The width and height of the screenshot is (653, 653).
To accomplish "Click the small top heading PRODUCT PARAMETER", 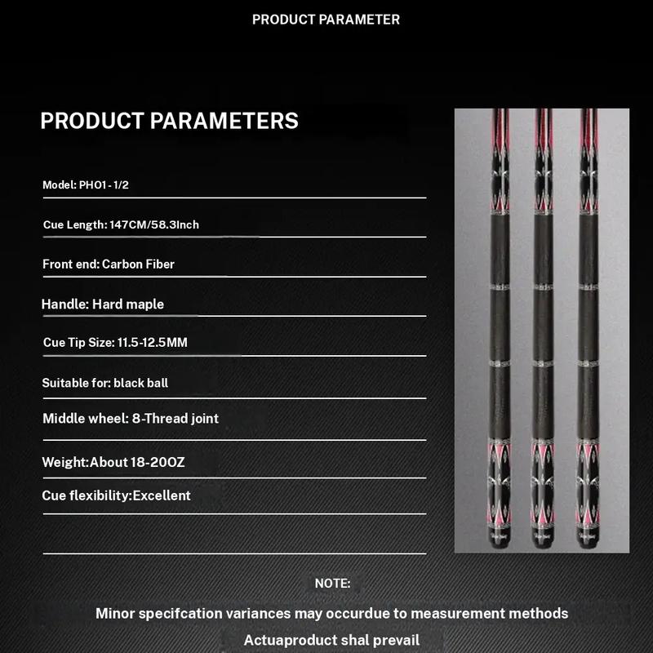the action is pos(326,19).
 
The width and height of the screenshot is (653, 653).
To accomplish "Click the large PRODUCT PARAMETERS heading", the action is pos(169,121).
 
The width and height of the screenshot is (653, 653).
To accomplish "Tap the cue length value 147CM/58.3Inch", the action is pos(154,224).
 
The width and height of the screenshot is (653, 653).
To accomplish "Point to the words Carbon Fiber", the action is pos(138,264).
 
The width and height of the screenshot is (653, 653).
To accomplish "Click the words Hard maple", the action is pos(128,304).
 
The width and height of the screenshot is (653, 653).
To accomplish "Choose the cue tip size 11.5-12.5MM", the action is pos(152,343).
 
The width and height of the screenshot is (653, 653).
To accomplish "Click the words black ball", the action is pos(141,383).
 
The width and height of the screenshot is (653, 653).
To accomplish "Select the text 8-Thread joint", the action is pos(175,419).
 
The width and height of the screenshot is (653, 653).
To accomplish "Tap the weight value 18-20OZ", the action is pos(158,463).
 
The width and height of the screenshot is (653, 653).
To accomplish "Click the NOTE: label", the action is pos(332,584).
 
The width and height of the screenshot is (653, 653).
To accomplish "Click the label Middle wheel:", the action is pos(84,419).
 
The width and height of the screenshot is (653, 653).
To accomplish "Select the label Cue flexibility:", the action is pos(87,495).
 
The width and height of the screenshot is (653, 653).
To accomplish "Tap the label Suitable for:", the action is pos(76,383).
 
